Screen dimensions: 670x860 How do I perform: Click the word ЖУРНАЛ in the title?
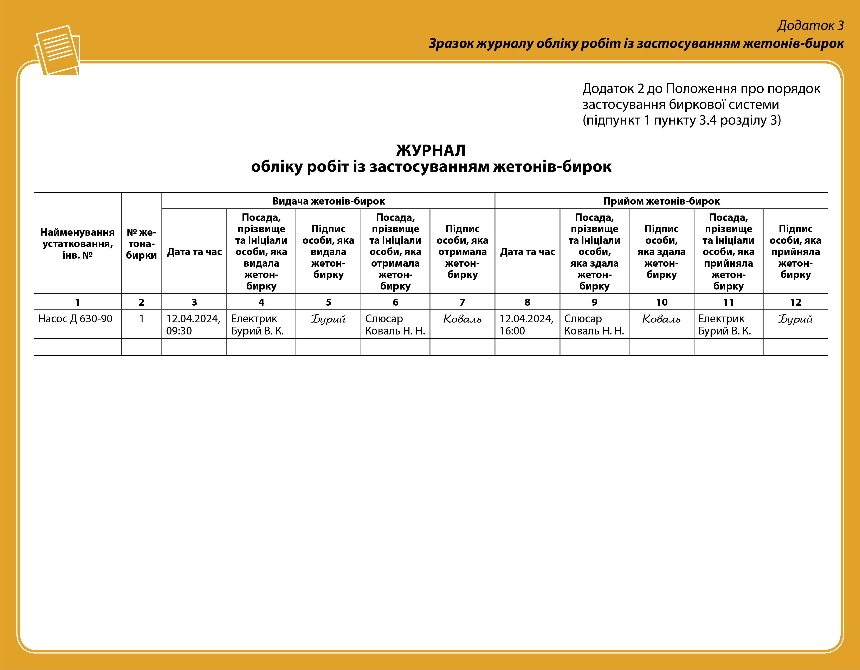(431, 150)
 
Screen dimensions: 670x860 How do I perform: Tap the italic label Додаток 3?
(810, 26)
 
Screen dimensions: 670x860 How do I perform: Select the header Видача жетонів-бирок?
(328, 201)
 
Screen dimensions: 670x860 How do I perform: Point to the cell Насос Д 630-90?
(75, 319)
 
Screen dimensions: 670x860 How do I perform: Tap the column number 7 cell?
(462, 302)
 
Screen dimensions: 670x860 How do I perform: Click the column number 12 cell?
(795, 302)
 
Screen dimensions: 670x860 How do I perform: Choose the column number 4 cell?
(261, 302)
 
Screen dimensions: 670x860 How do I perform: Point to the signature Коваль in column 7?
(462, 319)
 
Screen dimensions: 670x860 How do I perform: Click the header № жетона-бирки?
(141, 244)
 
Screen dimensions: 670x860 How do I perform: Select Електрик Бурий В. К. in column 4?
(258, 325)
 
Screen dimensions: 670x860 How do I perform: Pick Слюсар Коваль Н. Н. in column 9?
(594, 325)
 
